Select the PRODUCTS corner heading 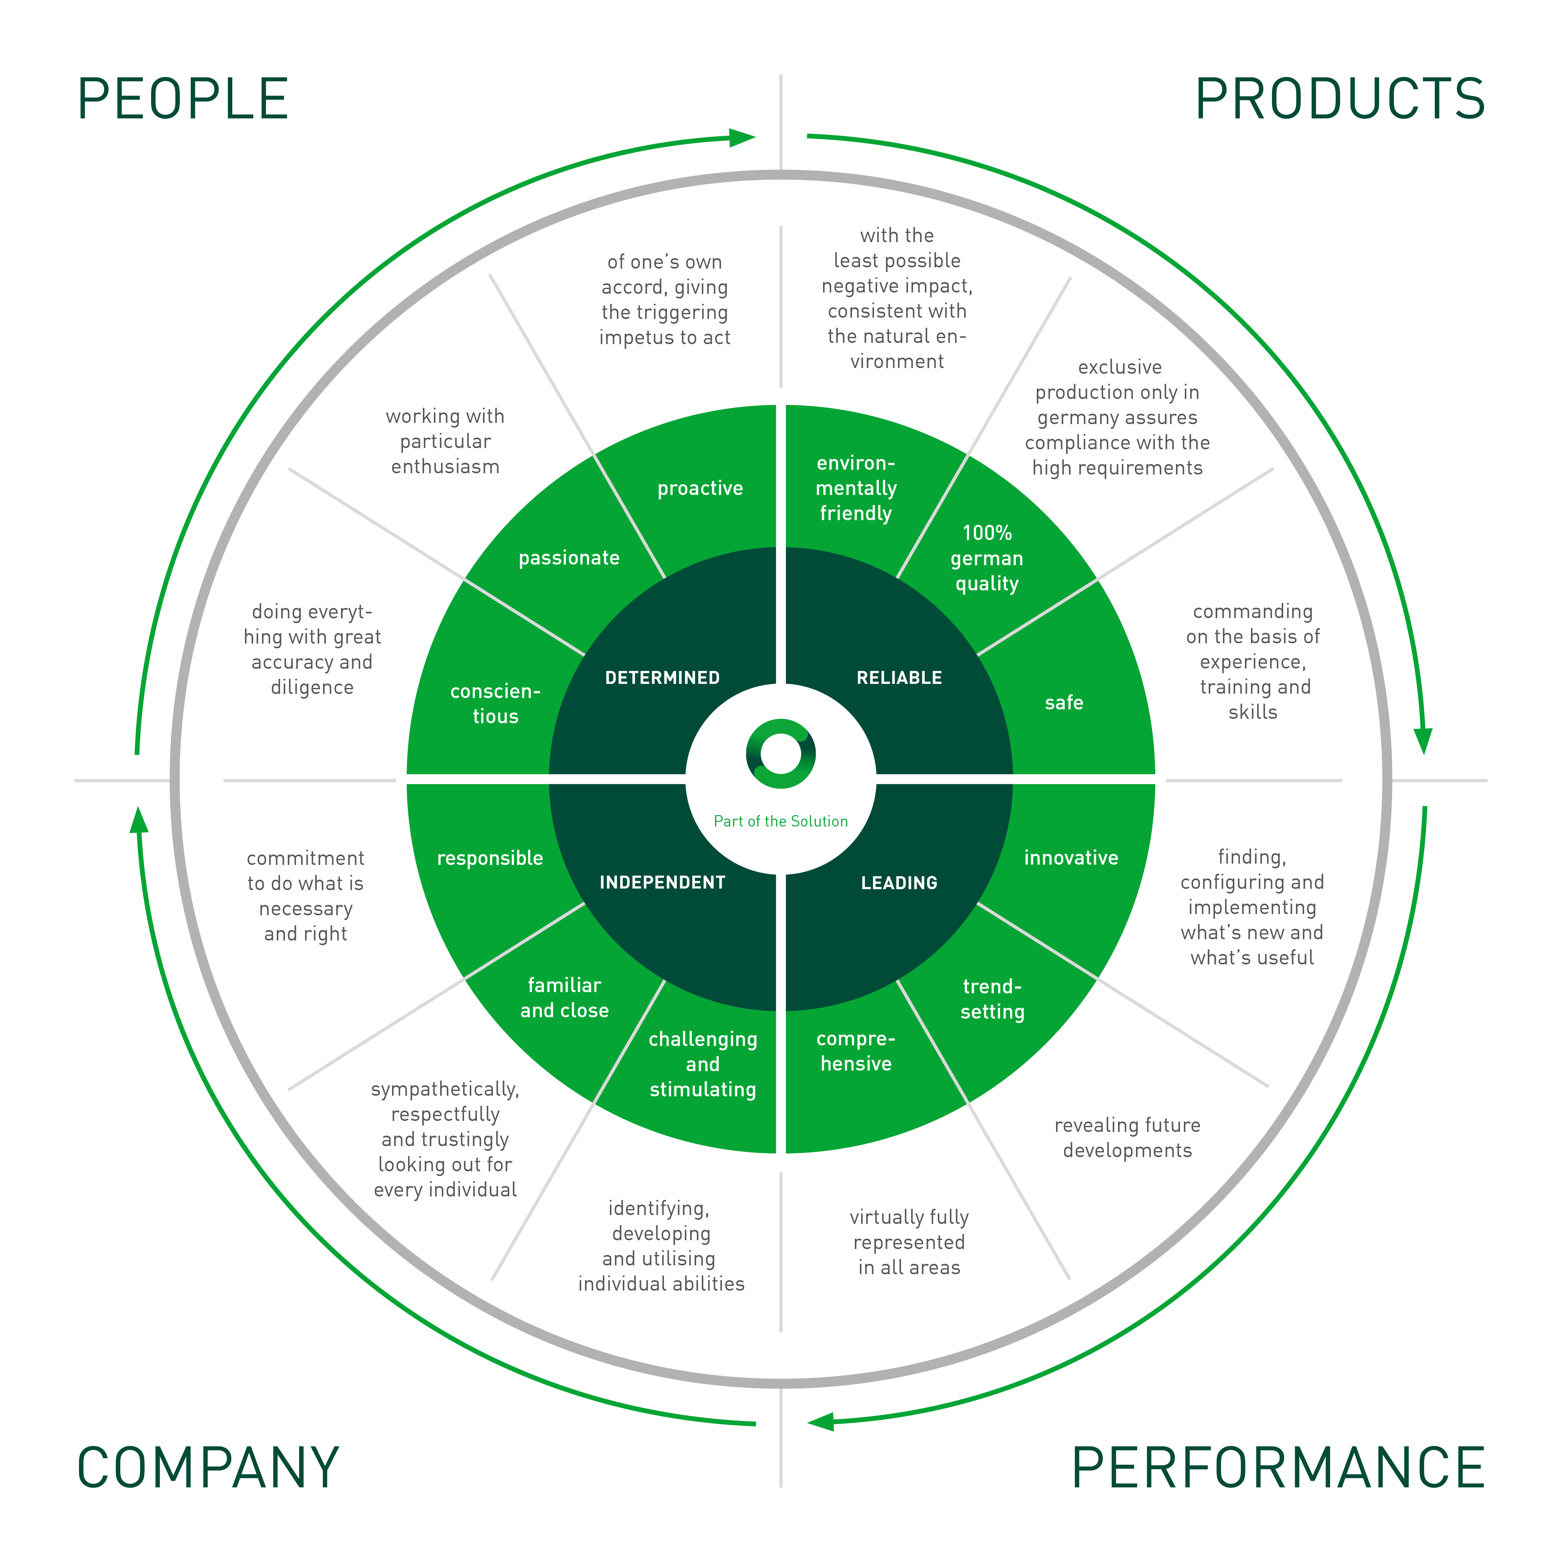pos(1340,99)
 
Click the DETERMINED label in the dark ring pos(662,678)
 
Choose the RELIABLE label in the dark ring pos(899,678)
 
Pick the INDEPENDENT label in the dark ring pos(662,882)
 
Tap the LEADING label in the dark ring pos(899,882)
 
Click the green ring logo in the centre pos(780,753)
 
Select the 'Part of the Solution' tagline pos(780,821)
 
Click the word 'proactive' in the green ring pos(700,488)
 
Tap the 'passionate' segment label pos(569,558)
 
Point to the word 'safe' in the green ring pos(1064,702)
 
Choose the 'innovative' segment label pos(1071,858)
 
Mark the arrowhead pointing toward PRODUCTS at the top pos(742,138)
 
